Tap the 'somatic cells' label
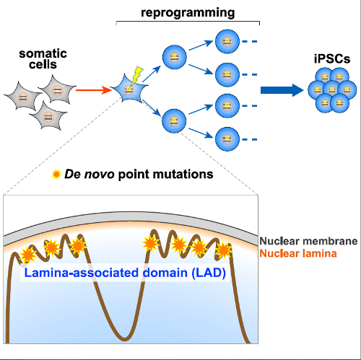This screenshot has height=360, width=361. click(x=43, y=62)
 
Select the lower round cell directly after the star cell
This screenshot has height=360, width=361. click(x=173, y=118)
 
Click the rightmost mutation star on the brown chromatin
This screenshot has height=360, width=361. click(x=224, y=250)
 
